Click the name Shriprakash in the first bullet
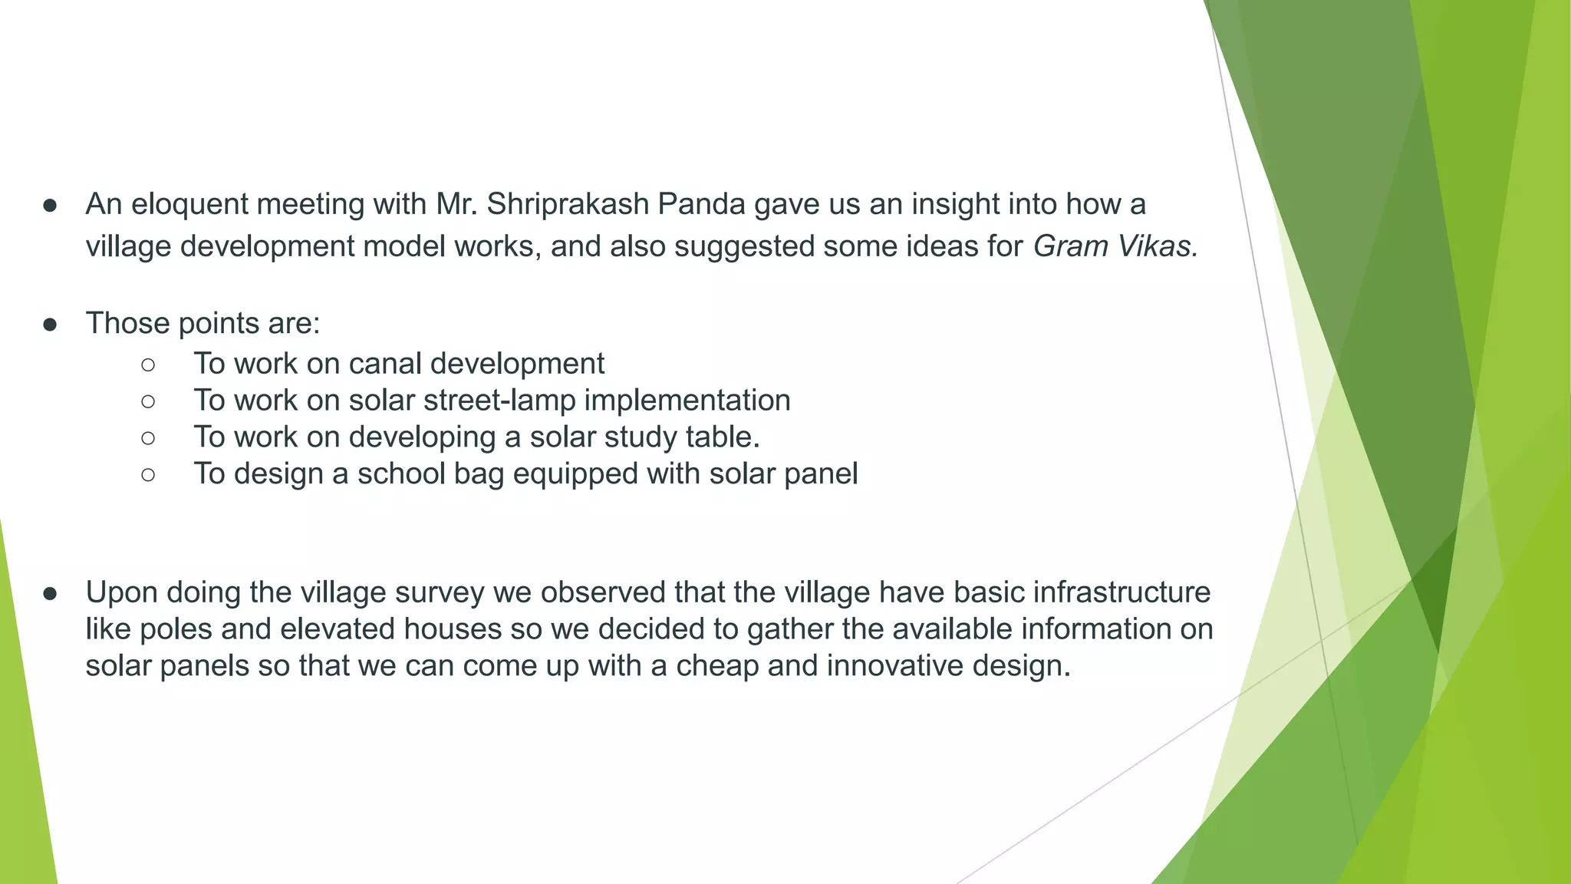(568, 204)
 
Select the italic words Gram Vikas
(1115, 246)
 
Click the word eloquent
(189, 204)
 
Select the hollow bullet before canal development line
(148, 364)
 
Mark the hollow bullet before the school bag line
(148, 475)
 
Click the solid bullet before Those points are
(51, 325)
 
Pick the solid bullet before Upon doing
(51, 593)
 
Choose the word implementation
(687, 400)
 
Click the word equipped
(575, 473)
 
